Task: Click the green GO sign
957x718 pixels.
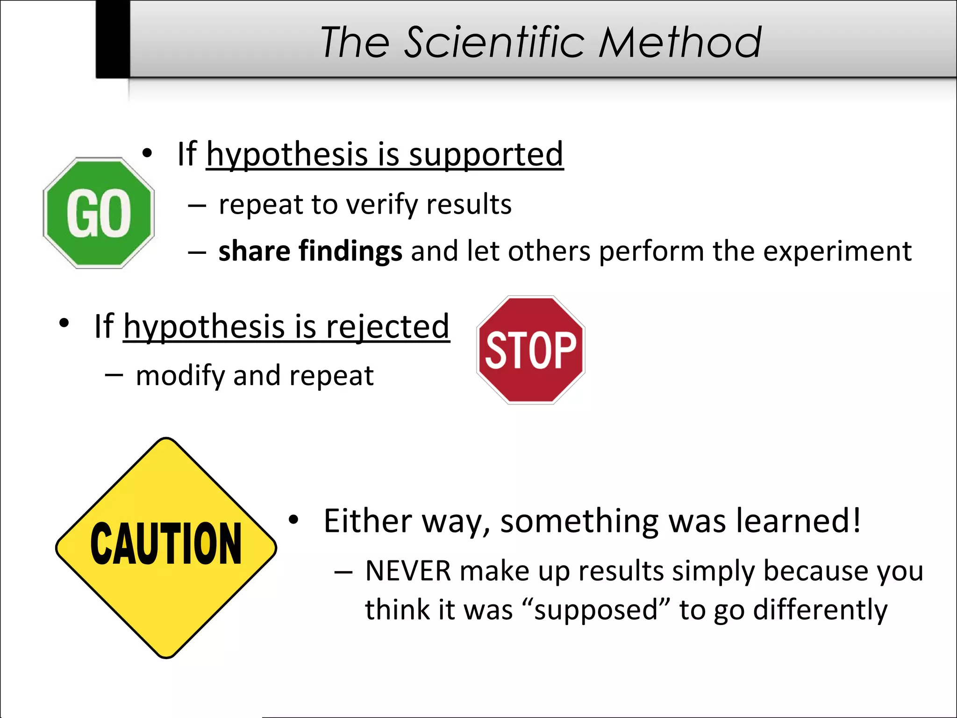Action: [x=99, y=213]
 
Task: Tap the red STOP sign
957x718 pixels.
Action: [x=531, y=350]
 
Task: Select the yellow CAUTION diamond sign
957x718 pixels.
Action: [x=166, y=548]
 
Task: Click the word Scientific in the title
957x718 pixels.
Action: [x=494, y=43]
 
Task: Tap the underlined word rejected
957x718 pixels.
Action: [x=387, y=327]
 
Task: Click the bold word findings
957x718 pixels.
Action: [x=350, y=252]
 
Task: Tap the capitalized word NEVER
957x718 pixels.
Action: [x=408, y=571]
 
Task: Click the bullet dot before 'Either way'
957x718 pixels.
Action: [x=293, y=519]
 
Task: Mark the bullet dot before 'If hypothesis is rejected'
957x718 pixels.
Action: [x=64, y=323]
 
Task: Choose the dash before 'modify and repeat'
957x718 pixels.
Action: [x=114, y=374]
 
